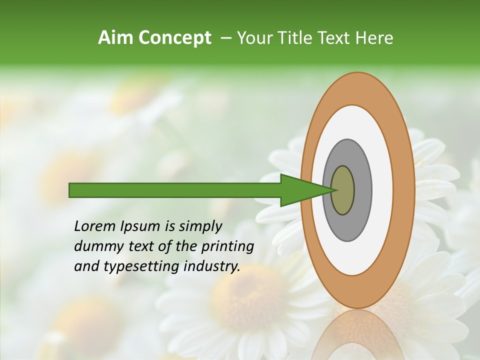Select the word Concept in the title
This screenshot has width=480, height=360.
click(x=174, y=38)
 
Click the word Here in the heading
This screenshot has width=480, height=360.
click(x=374, y=38)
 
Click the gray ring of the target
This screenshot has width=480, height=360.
click(x=362, y=190)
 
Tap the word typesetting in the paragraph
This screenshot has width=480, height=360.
click(x=148, y=266)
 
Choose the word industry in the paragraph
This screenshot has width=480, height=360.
click(x=212, y=266)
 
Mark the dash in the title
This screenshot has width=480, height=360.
click(x=225, y=38)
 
